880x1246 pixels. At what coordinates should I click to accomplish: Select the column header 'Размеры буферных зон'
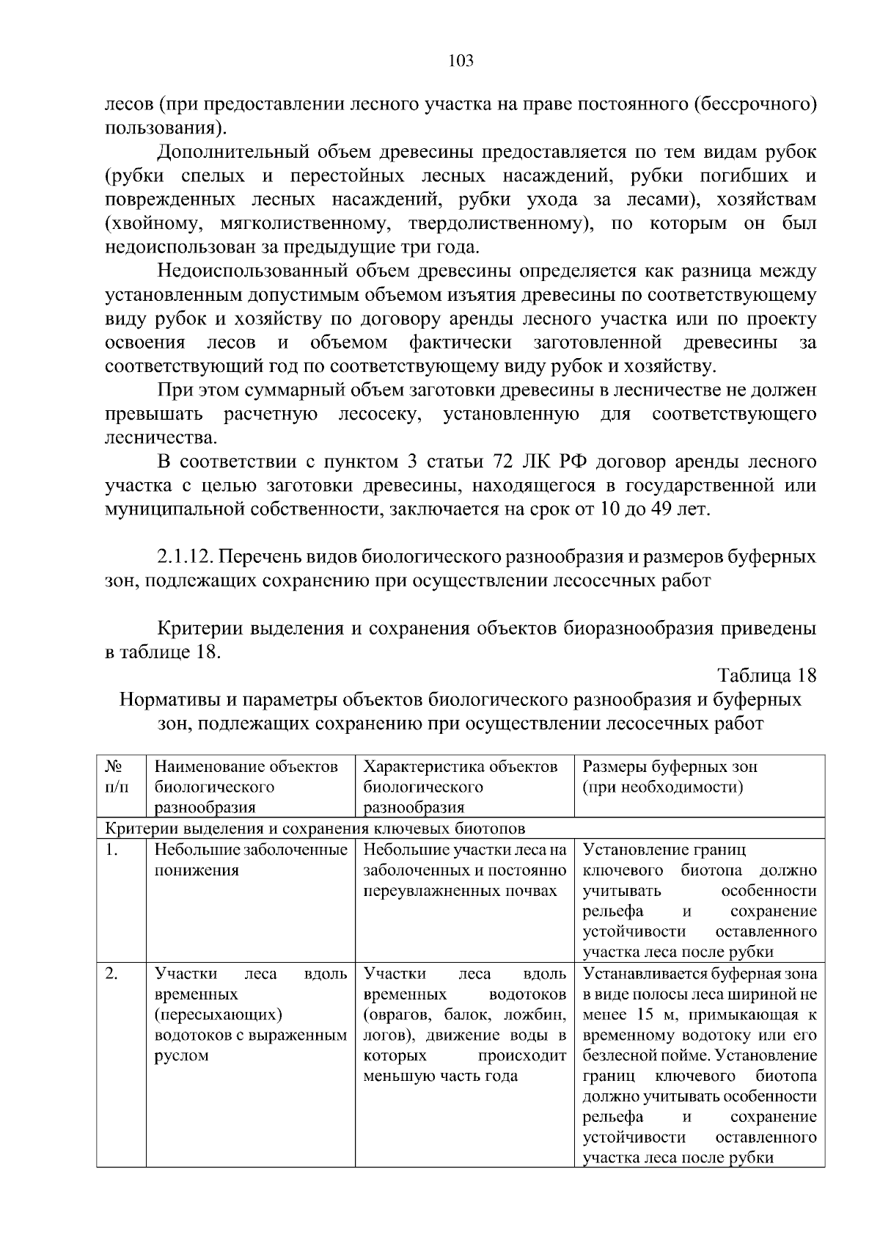(x=670, y=767)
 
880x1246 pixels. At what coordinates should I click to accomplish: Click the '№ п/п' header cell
(x=116, y=777)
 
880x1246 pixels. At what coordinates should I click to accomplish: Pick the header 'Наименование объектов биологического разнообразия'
(x=246, y=787)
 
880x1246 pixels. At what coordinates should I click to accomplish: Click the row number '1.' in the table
(x=111, y=850)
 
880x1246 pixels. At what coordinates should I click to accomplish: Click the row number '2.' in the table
(x=111, y=974)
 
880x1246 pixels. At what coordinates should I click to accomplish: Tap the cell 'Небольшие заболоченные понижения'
(x=250, y=860)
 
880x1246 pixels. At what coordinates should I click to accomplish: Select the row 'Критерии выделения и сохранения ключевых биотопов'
(x=315, y=829)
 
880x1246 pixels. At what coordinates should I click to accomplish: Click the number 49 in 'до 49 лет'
(x=662, y=509)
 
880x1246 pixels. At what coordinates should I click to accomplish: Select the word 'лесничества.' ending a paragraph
(x=161, y=438)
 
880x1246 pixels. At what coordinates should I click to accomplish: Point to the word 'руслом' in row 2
(x=182, y=1056)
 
